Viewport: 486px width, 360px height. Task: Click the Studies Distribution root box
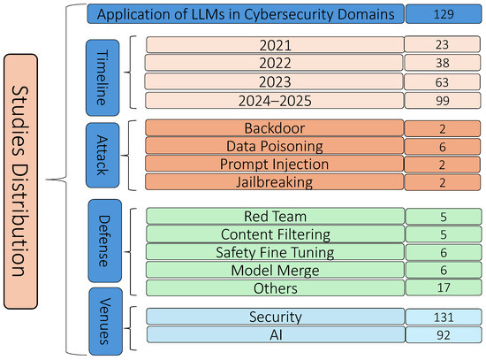click(21, 181)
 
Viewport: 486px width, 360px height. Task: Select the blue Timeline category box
click(103, 78)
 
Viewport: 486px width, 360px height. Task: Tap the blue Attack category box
click(103, 155)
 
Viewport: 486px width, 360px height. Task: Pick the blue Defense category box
click(105, 241)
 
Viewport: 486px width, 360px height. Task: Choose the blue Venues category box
click(106, 321)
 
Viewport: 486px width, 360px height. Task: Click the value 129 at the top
click(444, 14)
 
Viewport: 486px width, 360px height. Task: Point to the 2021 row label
click(275, 45)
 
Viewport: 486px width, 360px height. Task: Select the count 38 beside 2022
click(443, 63)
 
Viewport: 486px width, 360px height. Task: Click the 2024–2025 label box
click(275, 101)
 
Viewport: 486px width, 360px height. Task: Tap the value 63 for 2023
click(443, 82)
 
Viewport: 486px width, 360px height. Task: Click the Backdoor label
click(275, 128)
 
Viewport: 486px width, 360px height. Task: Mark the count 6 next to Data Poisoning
click(443, 147)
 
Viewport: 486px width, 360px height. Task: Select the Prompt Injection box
click(275, 165)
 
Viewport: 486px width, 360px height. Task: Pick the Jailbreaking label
click(275, 182)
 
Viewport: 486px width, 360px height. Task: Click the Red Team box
click(275, 216)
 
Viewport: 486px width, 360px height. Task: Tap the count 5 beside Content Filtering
click(444, 234)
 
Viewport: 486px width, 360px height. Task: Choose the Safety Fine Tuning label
click(275, 252)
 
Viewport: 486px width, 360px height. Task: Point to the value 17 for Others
click(444, 287)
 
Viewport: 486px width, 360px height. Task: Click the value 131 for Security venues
click(444, 317)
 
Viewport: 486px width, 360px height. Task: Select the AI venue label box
click(276, 334)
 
